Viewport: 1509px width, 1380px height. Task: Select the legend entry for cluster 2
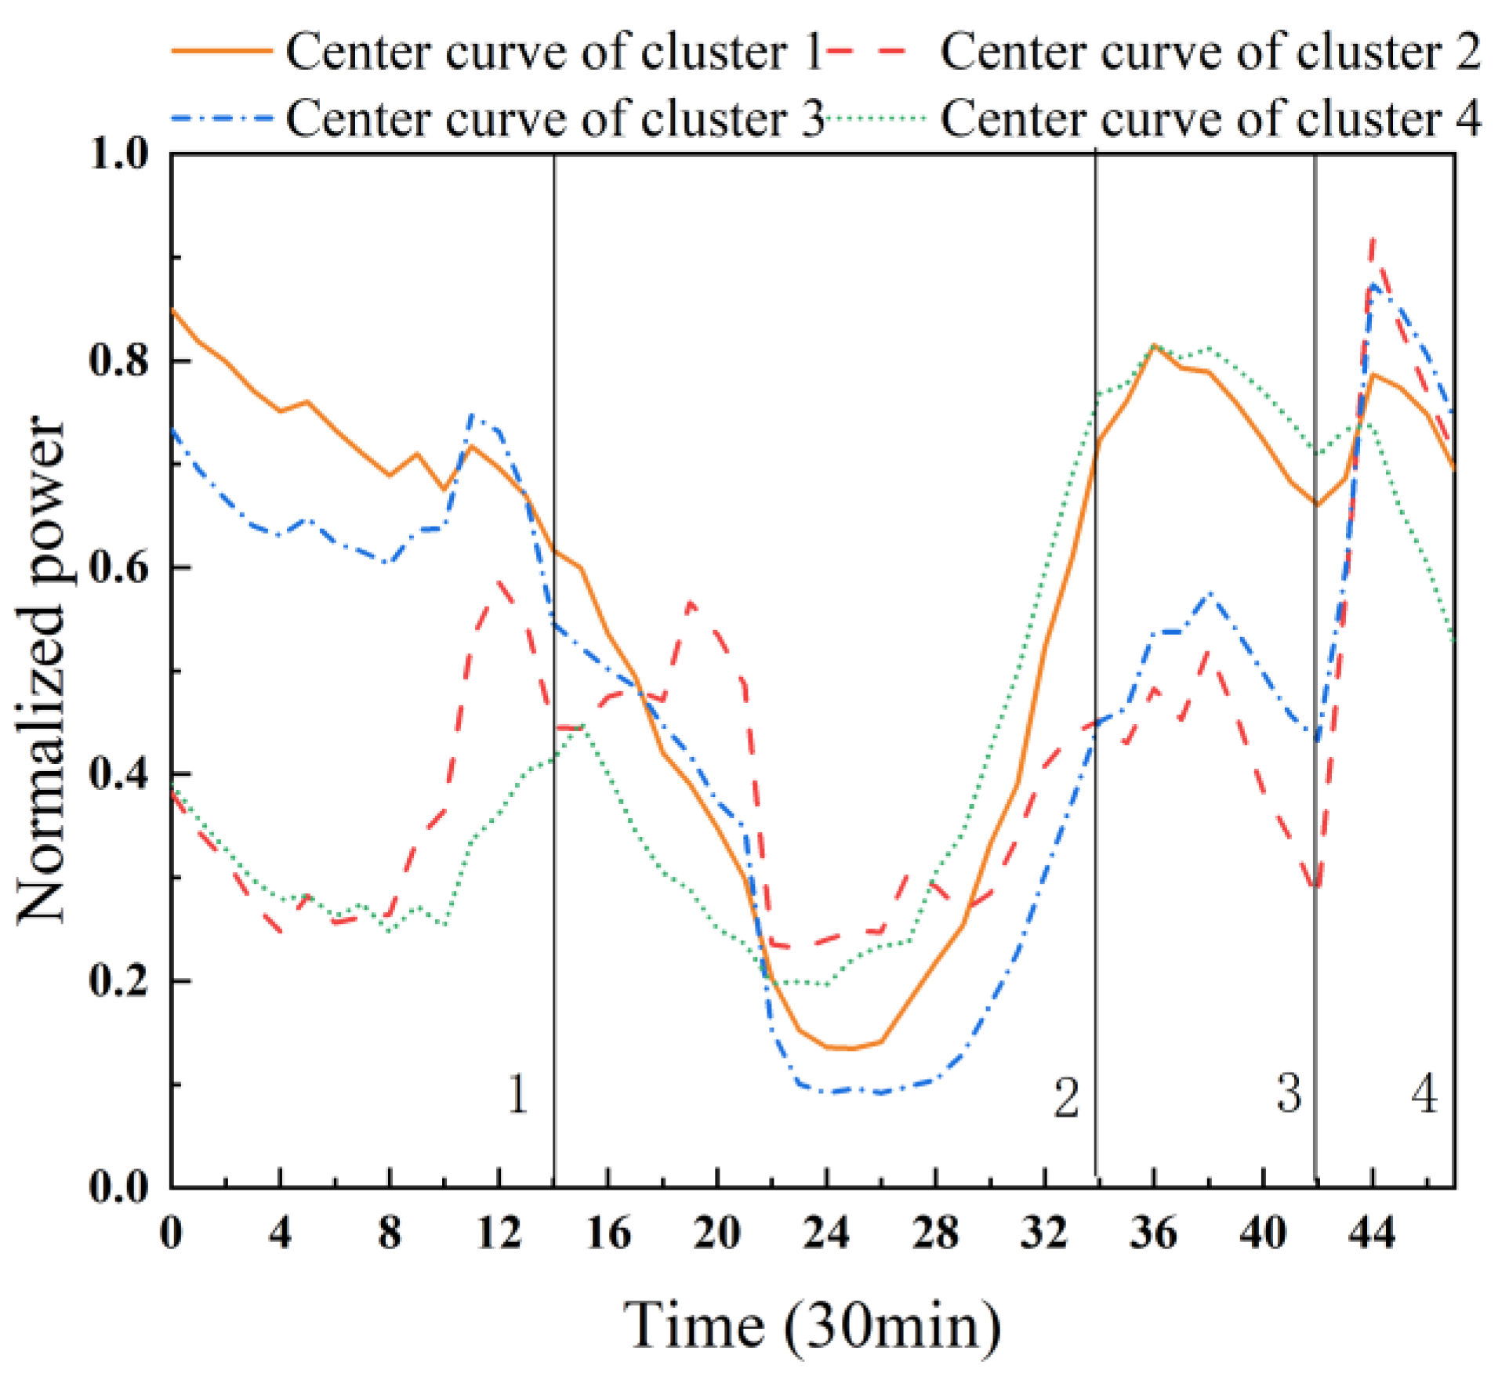click(x=1208, y=53)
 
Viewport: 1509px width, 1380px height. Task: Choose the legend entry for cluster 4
click(x=1208, y=119)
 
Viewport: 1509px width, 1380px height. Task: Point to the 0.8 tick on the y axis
click(x=118, y=361)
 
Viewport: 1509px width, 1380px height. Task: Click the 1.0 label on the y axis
click(x=118, y=154)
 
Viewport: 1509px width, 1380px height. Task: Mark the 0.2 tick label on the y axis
click(x=118, y=981)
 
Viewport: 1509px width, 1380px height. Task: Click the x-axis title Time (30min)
click(x=812, y=1325)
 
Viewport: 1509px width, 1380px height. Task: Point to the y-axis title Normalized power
click(x=41, y=670)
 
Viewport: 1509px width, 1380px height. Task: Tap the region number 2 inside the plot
click(x=1066, y=1097)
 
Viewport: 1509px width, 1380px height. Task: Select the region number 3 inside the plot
click(x=1289, y=1093)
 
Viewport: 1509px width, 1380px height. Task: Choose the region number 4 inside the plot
click(x=1424, y=1093)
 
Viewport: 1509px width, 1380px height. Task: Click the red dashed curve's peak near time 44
click(x=1372, y=239)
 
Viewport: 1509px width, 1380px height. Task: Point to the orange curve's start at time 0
click(x=172, y=310)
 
